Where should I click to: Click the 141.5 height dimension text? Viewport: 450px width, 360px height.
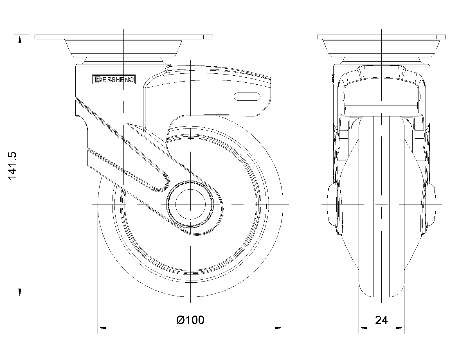(x=12, y=165)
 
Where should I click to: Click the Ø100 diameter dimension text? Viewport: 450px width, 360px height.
(x=190, y=320)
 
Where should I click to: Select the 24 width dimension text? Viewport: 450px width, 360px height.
(x=381, y=320)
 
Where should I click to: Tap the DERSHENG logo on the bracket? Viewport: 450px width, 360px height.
(x=114, y=79)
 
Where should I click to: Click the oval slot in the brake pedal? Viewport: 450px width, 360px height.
(x=247, y=97)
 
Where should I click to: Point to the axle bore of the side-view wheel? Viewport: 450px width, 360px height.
(x=190, y=204)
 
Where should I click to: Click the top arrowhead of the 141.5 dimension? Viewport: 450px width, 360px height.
(x=20, y=39)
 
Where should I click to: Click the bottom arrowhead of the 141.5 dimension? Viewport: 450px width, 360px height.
(x=20, y=293)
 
